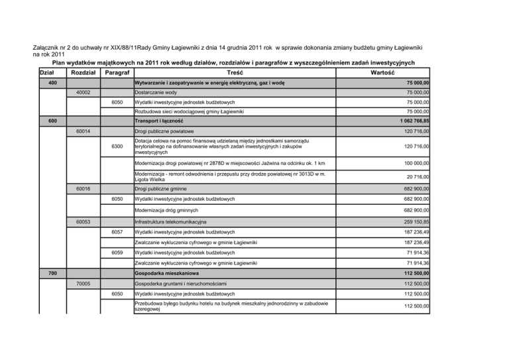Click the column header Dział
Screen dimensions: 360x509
(46, 72)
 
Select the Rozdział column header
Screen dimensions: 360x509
(84, 72)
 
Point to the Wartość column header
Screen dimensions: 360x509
(383, 72)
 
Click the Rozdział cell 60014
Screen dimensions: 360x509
(84, 133)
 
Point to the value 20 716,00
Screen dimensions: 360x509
(416, 177)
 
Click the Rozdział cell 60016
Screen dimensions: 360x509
(84, 189)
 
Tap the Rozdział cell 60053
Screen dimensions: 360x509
(84, 221)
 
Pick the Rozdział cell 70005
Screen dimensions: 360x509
(84, 284)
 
